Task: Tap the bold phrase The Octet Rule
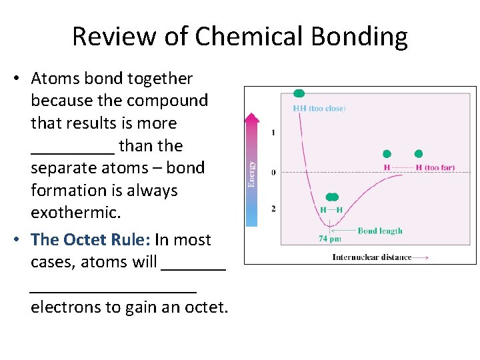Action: pos(97,239)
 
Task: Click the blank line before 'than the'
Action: pos(73,149)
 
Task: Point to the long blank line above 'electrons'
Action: pos(113,288)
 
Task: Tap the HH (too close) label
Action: pos(319,109)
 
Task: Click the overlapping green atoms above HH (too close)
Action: pos(299,93)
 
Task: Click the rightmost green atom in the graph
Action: pos(419,154)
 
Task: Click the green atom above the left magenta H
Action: pos(387,154)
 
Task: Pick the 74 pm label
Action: pos(330,239)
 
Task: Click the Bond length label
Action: pos(380,231)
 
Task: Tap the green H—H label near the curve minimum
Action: pos(331,210)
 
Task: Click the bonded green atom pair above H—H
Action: pos(331,197)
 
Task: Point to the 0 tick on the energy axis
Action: pos(273,173)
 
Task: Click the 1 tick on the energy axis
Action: pos(273,133)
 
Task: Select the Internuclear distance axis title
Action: pos(372,257)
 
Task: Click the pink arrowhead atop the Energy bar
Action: pos(251,119)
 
